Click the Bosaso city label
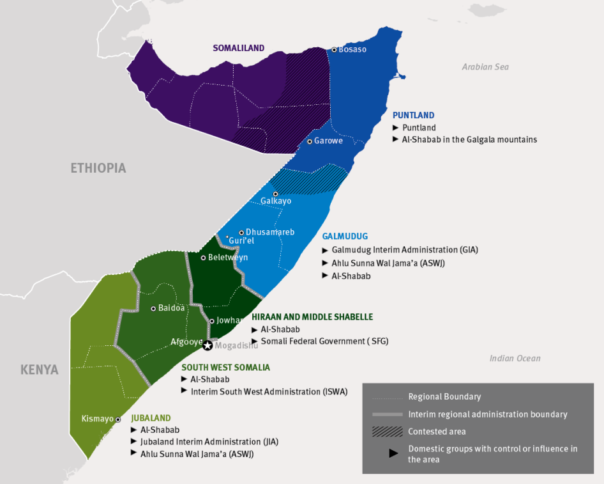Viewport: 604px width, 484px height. (x=352, y=50)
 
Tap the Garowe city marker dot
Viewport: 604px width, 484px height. (x=309, y=141)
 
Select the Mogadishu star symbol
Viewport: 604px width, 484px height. (x=208, y=345)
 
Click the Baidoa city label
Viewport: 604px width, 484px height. (x=172, y=308)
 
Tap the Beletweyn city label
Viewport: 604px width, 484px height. (x=228, y=258)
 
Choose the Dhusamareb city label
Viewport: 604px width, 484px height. (x=270, y=232)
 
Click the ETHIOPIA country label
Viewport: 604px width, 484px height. (x=98, y=168)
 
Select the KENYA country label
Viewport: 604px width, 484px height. (x=39, y=370)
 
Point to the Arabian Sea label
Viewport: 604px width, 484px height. (x=485, y=67)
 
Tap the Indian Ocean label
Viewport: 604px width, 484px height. (x=515, y=359)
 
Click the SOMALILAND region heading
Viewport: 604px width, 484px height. (x=239, y=49)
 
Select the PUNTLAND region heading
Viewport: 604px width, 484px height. (x=413, y=116)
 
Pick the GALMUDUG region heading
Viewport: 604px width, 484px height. (x=345, y=237)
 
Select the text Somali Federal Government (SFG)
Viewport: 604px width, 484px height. (x=324, y=341)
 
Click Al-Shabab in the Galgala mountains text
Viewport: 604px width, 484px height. (x=469, y=139)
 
